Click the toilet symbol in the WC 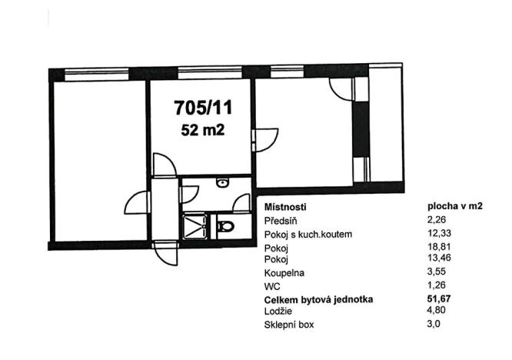[x=226, y=226]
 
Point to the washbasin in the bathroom [x=221, y=183]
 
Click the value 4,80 [x=437, y=309]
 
